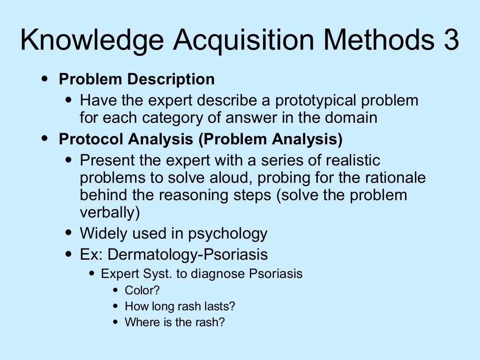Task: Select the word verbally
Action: point(110,212)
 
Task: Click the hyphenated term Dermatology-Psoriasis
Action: point(187,255)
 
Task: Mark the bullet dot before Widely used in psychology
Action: point(69,232)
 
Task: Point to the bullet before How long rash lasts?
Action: point(116,306)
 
